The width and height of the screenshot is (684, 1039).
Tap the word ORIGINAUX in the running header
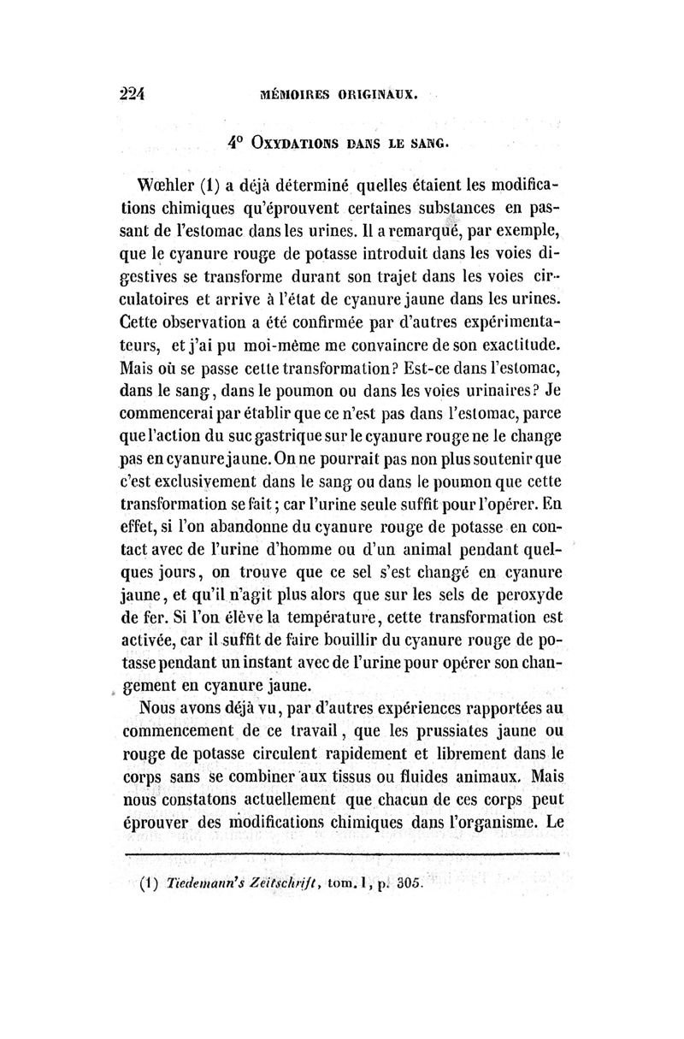click(x=373, y=95)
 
